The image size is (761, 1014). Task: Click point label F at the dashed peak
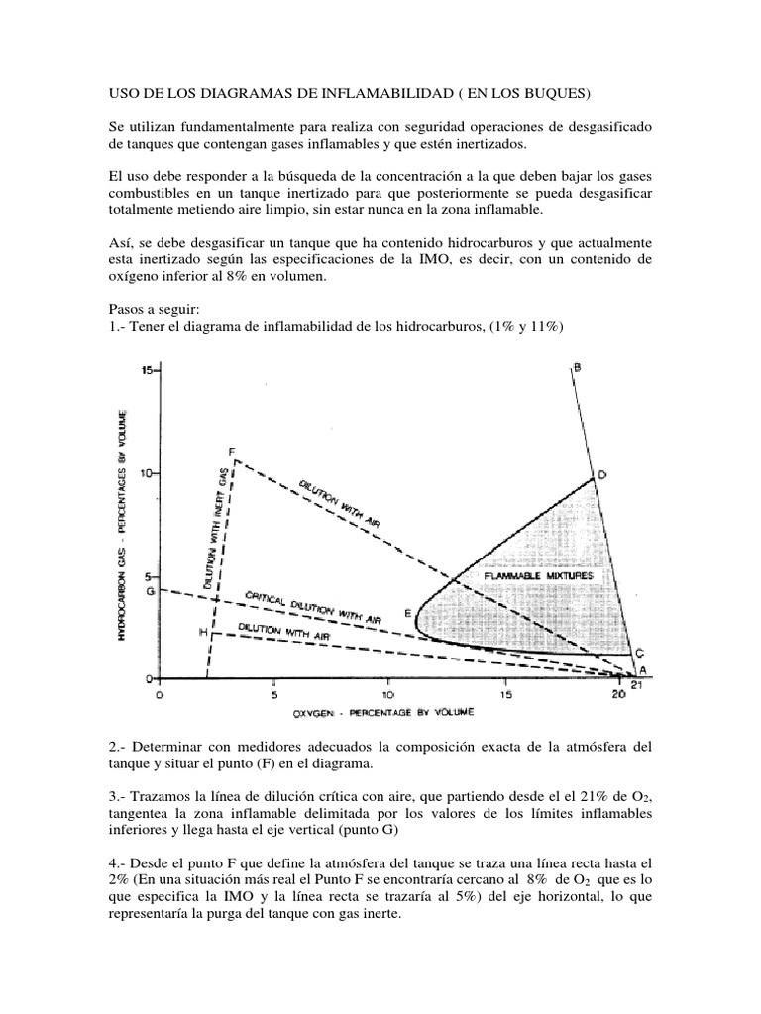pyautogui.click(x=231, y=452)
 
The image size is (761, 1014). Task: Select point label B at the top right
pyautogui.click(x=577, y=368)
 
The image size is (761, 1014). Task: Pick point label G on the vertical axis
pyautogui.click(x=150, y=591)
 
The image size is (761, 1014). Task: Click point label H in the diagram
pyautogui.click(x=202, y=632)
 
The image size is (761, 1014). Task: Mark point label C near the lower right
pyautogui.click(x=640, y=653)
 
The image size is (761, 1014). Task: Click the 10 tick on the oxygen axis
pyautogui.click(x=388, y=696)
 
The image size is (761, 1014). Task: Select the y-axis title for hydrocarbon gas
pyautogui.click(x=127, y=526)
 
